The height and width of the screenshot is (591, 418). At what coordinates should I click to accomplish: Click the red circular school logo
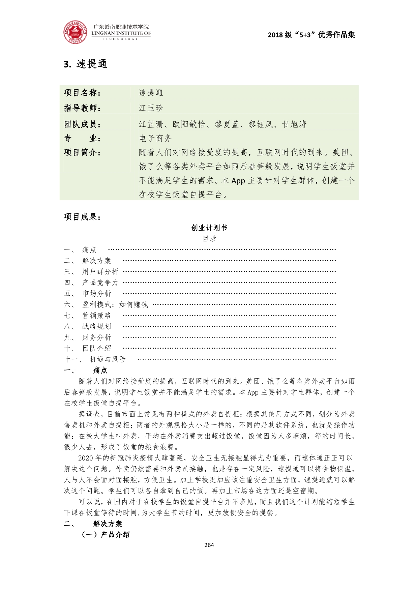pyautogui.click(x=75, y=32)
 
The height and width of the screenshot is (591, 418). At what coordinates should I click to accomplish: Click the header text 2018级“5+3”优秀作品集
pyautogui.click(x=311, y=35)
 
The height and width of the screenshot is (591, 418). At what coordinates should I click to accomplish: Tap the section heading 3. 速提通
pyautogui.click(x=86, y=64)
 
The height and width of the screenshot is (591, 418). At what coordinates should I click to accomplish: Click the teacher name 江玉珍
pyautogui.click(x=151, y=108)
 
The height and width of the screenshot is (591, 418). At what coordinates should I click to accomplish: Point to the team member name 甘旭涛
pyautogui.click(x=294, y=124)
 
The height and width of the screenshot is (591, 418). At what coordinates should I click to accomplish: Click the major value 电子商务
pyautogui.click(x=155, y=138)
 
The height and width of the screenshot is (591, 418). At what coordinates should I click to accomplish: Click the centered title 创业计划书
pyautogui.click(x=209, y=228)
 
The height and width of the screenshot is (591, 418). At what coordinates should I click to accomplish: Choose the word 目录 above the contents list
pyautogui.click(x=209, y=239)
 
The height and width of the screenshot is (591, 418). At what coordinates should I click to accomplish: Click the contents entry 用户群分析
pyautogui.click(x=100, y=272)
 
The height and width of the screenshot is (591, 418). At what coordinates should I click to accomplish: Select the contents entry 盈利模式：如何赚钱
pyautogui.click(x=115, y=304)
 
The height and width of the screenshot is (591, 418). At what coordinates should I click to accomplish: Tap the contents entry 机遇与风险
pyautogui.click(x=108, y=359)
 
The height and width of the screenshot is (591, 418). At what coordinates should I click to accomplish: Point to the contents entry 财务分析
pyautogui.click(x=96, y=337)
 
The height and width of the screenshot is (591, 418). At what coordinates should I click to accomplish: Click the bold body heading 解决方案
pyautogui.click(x=108, y=524)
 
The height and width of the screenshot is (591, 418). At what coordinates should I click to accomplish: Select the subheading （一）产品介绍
pyautogui.click(x=106, y=534)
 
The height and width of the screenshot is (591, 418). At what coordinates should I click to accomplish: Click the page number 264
pyautogui.click(x=209, y=545)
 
